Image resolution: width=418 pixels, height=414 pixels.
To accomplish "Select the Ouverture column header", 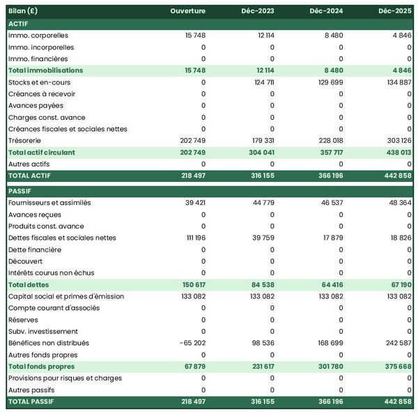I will (188, 11).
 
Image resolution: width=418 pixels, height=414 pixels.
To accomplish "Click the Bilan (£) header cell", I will (24, 11).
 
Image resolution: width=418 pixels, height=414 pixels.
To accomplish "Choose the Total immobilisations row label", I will (45, 70).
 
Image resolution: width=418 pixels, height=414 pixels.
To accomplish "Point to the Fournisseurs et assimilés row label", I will (50, 202).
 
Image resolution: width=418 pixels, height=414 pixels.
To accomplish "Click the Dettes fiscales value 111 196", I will (192, 238).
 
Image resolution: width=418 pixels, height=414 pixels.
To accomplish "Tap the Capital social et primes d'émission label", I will (66, 296).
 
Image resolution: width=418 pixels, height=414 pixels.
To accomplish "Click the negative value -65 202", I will (190, 343).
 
